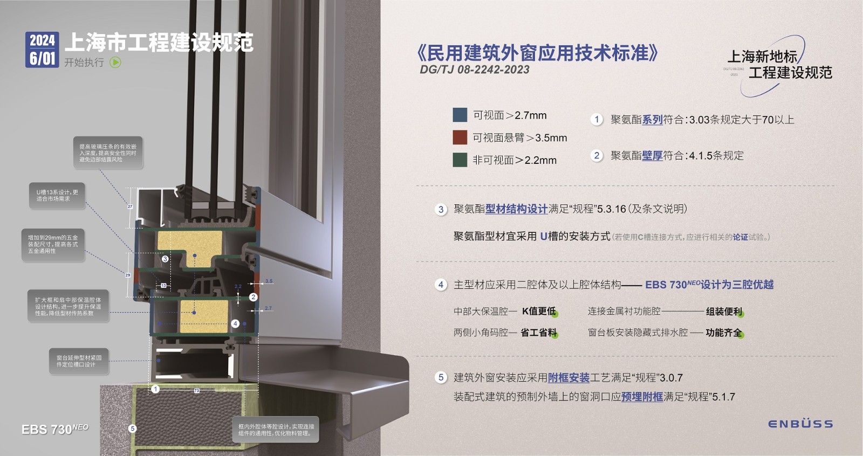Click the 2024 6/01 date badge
[42, 49]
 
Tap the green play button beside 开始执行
[115, 63]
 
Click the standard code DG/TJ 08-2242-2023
[474, 70]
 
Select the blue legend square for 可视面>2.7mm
[460, 115]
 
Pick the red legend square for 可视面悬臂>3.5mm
[460, 137]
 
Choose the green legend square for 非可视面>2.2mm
[460, 160]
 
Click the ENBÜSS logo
[800, 424]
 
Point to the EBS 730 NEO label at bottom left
[54, 429]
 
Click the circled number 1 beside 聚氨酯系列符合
[596, 120]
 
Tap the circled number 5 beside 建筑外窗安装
[441, 377]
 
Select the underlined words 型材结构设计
[516, 209]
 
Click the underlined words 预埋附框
[642, 397]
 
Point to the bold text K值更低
[539, 311]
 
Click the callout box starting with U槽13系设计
[57, 195]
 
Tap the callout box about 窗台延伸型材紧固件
[79, 361]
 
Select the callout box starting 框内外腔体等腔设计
[276, 430]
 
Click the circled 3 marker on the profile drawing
[165, 259]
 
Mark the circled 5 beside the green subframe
[132, 429]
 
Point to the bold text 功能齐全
[723, 333]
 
